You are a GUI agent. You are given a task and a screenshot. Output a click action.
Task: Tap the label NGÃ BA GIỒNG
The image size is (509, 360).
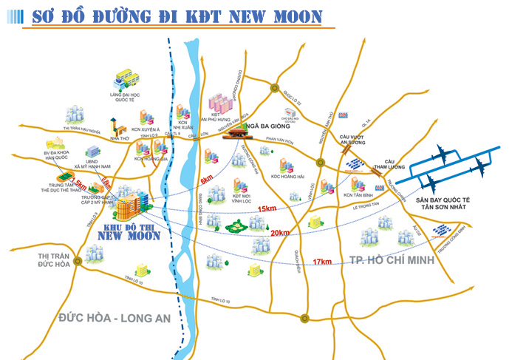tap(277, 127)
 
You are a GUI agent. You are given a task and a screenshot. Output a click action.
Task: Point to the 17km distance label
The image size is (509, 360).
tap(321, 262)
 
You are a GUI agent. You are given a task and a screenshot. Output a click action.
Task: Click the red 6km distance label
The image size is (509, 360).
tap(206, 180)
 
